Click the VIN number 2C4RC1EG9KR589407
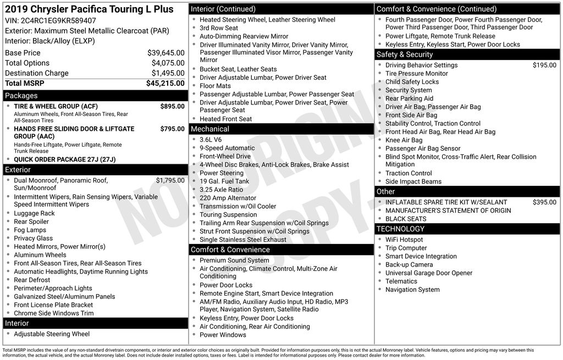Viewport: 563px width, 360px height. tap(58, 21)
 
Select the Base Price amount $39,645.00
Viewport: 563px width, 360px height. tap(165, 53)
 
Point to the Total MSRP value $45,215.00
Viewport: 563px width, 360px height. tap(165, 84)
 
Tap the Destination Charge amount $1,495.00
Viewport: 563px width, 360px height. tap(168, 73)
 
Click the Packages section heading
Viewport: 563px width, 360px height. tap(21, 96)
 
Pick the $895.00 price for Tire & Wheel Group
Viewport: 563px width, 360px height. tap(172, 107)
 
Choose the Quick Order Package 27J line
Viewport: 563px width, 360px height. tap(65, 160)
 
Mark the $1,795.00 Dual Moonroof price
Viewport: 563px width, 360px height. tap(170, 180)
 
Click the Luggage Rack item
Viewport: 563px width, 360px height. tap(34, 213)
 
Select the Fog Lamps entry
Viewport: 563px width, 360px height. tap(30, 230)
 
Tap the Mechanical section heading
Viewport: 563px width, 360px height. tap(209, 129)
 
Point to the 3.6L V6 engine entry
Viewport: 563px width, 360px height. tap(211, 140)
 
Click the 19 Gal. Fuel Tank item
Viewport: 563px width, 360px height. tap(224, 181)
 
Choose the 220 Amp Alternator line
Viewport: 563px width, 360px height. tap(228, 198)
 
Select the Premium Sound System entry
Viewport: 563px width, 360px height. tap(234, 261)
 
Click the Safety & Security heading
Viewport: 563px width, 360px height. tap(405, 54)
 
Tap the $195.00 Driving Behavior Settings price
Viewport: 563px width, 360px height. tap(544, 65)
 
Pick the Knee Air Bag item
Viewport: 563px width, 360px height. tap(404, 140)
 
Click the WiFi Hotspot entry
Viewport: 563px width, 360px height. tap(404, 240)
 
